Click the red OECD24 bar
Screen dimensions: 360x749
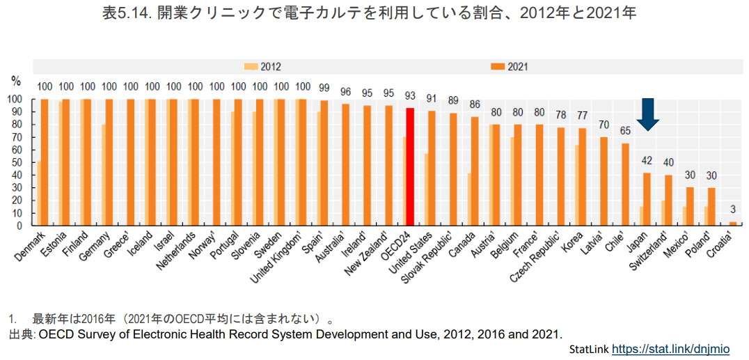(x=410, y=166)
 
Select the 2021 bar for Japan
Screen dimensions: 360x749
(x=647, y=199)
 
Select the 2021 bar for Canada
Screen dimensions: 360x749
(x=475, y=171)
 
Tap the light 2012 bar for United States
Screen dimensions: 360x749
(x=426, y=189)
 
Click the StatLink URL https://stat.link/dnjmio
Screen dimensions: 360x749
(x=671, y=348)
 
